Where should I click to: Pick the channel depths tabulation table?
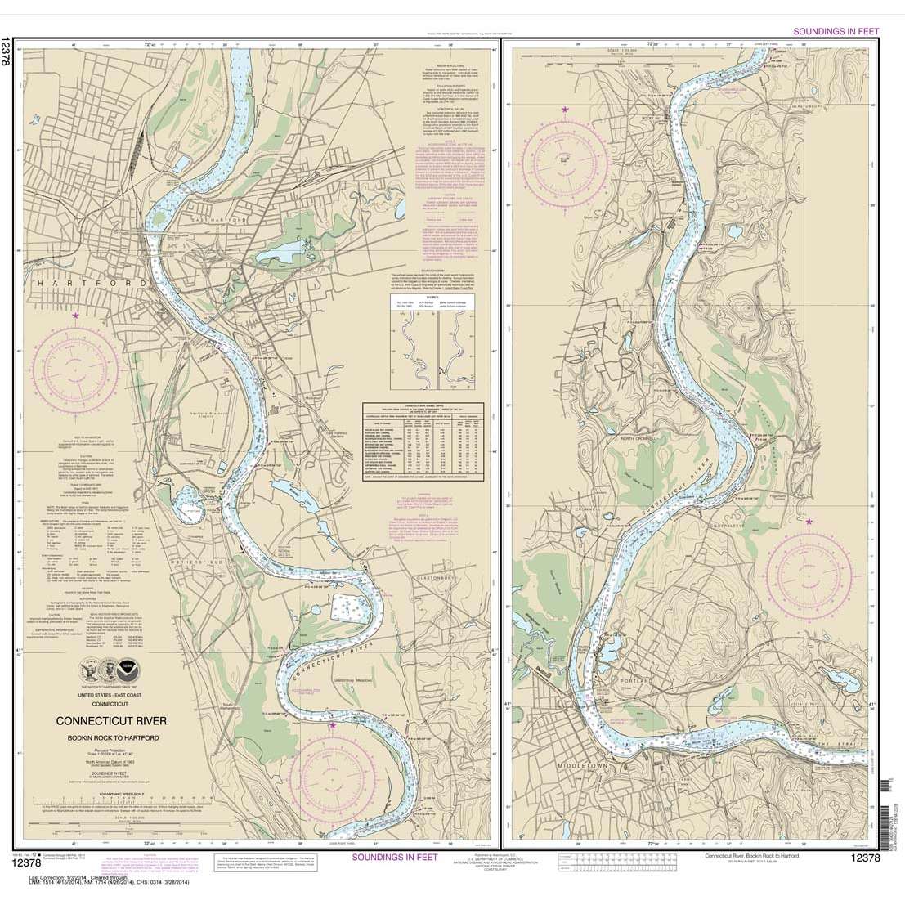[x=421, y=446]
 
